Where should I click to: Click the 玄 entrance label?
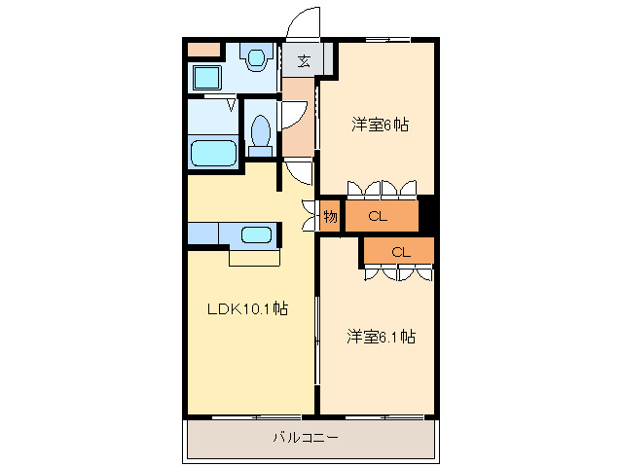pyautogui.click(x=304, y=61)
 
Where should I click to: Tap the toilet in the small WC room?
pyautogui.click(x=260, y=134)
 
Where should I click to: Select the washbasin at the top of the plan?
pyautogui.click(x=257, y=58)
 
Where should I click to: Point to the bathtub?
pyautogui.click(x=213, y=153)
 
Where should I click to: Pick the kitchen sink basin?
pyautogui.click(x=256, y=234)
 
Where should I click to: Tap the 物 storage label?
pyautogui.click(x=330, y=216)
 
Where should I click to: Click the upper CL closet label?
pyautogui.click(x=378, y=216)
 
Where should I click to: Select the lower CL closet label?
pyautogui.click(x=400, y=252)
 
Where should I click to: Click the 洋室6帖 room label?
pyautogui.click(x=379, y=125)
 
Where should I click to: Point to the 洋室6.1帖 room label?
pyautogui.click(x=382, y=337)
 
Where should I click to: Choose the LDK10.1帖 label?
pyautogui.click(x=245, y=308)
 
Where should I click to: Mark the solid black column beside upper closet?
pyautogui.click(x=425, y=216)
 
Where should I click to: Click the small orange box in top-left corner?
pyautogui.click(x=203, y=49)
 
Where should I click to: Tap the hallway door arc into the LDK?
pyautogui.click(x=299, y=172)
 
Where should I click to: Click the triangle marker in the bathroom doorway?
pyautogui.click(x=232, y=103)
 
